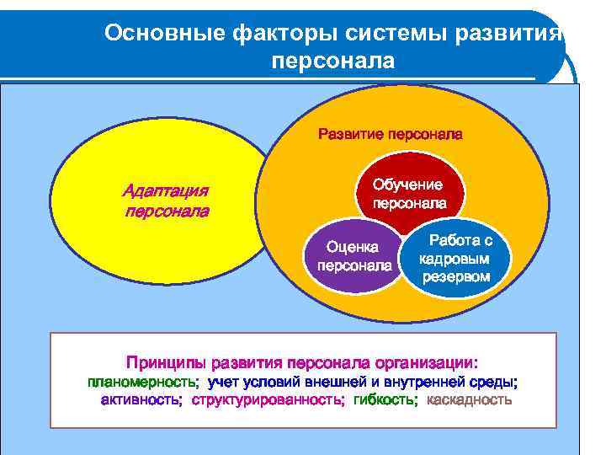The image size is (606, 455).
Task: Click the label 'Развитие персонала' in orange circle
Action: [x=390, y=134]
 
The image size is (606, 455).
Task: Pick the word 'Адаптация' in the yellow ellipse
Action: [x=166, y=190]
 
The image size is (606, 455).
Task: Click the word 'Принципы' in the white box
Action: [x=167, y=363]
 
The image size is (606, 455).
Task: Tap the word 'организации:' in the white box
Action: [x=429, y=363]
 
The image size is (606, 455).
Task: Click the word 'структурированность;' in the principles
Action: [x=268, y=399]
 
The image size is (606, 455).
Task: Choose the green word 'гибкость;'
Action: [x=385, y=399]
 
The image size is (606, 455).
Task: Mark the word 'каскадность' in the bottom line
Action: [x=469, y=399]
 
